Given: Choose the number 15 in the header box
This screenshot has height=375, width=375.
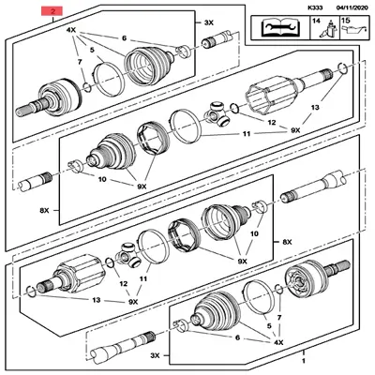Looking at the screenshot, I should (345, 20).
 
